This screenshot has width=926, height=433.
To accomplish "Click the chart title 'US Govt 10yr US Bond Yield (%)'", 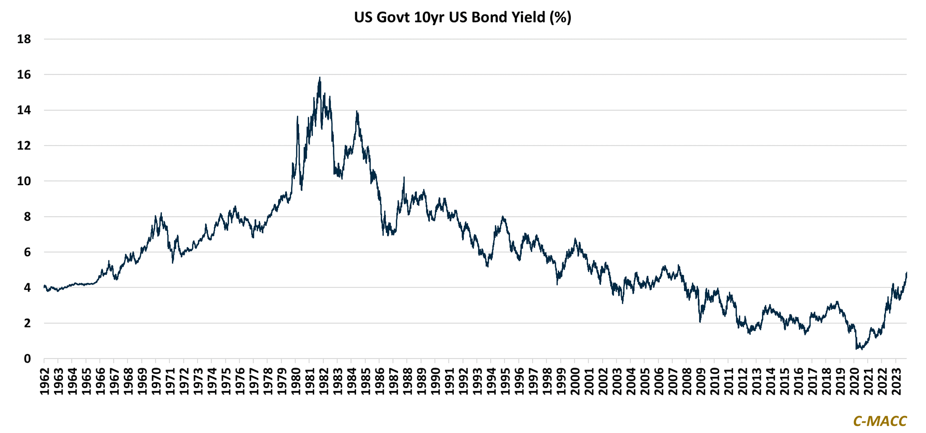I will pyautogui.click(x=462, y=17).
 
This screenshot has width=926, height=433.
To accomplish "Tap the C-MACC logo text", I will pyautogui.click(x=880, y=421).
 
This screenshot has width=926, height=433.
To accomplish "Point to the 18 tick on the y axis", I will pyautogui.click(x=24, y=39).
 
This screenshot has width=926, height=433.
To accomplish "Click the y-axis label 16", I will pyautogui.click(x=24, y=75).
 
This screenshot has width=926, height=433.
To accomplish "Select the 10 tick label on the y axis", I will pyautogui.click(x=24, y=181).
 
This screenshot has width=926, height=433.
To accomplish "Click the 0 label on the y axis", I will pyautogui.click(x=27, y=359).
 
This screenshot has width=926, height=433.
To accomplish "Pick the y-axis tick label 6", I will pyautogui.click(x=27, y=252).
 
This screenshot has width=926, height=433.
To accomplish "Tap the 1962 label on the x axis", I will pyautogui.click(x=44, y=381).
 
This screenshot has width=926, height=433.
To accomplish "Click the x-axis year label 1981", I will pyautogui.click(x=310, y=381).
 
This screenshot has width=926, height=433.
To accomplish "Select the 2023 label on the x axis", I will pyautogui.click(x=896, y=381).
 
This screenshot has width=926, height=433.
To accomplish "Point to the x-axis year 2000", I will pyautogui.click(x=575, y=381).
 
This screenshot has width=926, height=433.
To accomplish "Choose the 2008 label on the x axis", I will pyautogui.click(x=687, y=381).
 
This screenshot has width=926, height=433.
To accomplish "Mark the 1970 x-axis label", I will pyautogui.click(x=156, y=381).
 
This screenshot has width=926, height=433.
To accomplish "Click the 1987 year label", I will pyautogui.click(x=393, y=381).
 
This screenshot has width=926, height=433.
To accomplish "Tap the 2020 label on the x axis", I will pyautogui.click(x=854, y=381).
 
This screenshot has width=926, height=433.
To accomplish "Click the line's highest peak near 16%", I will pyautogui.click(x=320, y=77).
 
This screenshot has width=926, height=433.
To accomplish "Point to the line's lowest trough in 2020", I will pyautogui.click(x=856, y=349).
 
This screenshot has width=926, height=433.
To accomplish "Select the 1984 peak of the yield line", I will pyautogui.click(x=356, y=111).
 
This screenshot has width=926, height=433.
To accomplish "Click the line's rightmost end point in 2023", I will pyautogui.click(x=906, y=273).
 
